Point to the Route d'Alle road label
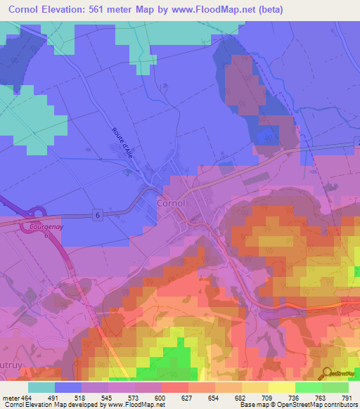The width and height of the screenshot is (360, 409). (122, 143)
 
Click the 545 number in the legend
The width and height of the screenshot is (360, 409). (108, 397)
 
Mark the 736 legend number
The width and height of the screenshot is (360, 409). (295, 397)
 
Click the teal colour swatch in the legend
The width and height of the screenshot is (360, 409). (41, 387)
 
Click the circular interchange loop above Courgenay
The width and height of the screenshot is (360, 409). (37, 213)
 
